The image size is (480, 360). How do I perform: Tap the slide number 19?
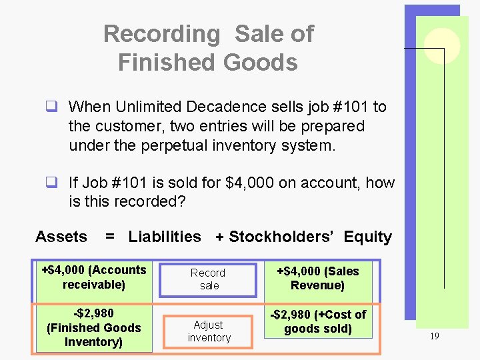434,337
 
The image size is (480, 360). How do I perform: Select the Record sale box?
208,279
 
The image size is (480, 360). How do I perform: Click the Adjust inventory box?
209,331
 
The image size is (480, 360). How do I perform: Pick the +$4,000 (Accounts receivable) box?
94,277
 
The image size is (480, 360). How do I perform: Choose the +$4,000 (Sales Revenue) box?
318,279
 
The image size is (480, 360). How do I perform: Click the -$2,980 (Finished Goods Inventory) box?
94,327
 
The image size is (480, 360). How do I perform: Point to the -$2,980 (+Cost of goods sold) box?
318,321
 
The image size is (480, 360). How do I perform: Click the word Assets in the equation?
61,237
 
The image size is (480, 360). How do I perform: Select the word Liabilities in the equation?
165,237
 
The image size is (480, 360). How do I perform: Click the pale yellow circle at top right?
443,46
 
